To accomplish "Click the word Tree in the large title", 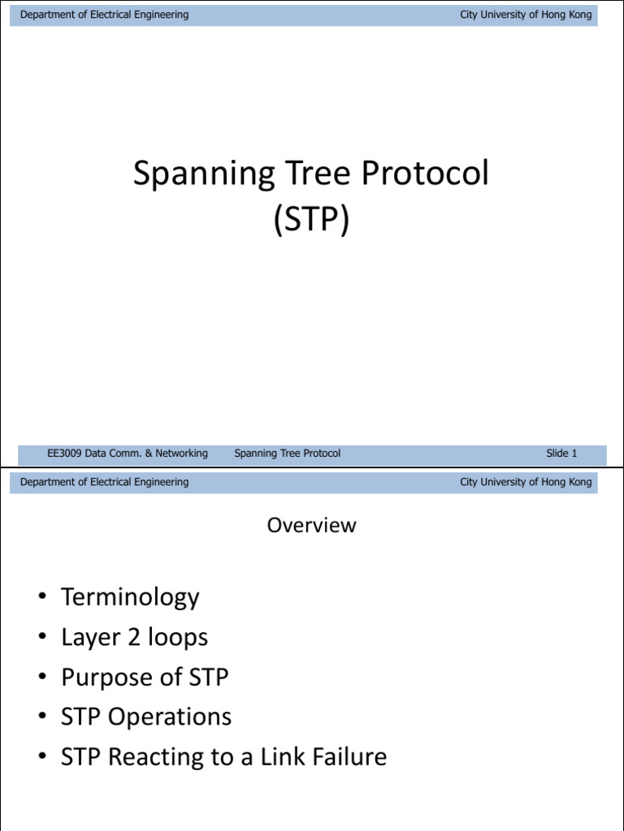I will click(311, 175).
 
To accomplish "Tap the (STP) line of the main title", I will click(312, 219).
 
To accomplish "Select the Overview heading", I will click(312, 525).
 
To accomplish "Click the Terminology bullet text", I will click(130, 597).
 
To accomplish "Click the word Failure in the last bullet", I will click(347, 757).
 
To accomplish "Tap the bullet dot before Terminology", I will click(41, 598).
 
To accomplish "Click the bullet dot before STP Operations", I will click(41, 718).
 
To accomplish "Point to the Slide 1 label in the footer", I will click(561, 454).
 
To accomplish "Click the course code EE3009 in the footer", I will click(67, 454).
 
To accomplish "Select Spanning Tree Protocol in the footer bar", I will click(287, 454).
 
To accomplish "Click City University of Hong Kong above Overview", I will click(526, 482).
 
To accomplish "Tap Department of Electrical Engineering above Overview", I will click(104, 482).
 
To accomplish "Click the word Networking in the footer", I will click(180, 454).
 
